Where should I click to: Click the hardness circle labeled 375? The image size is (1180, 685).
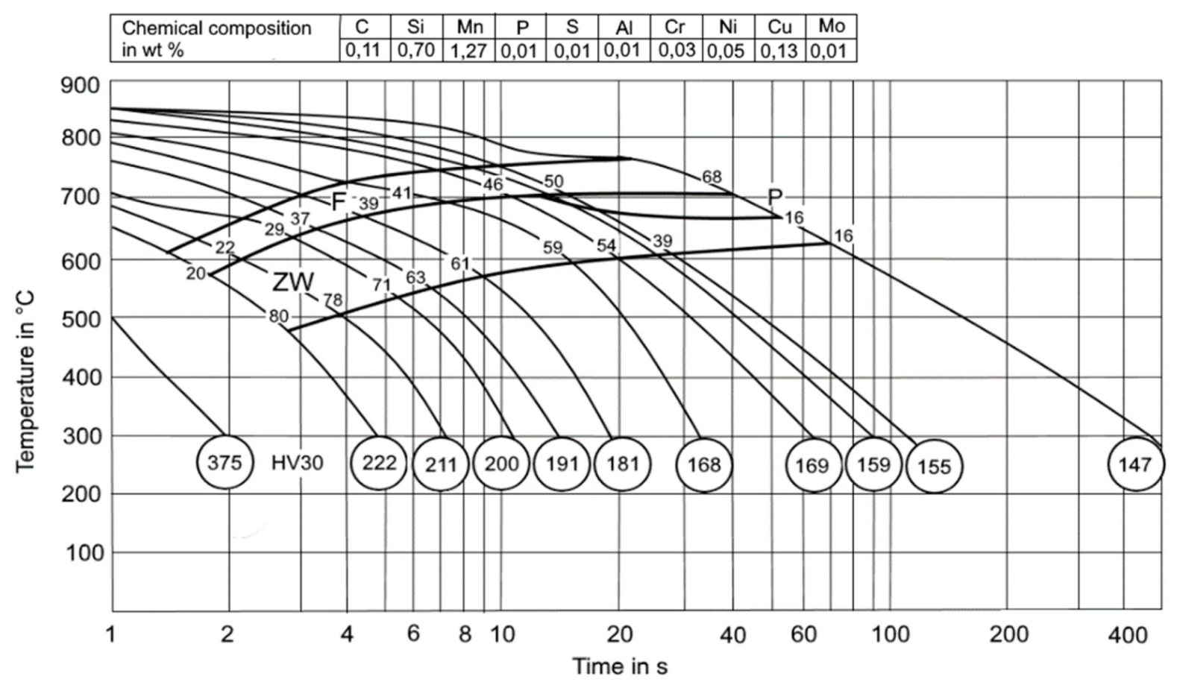pyautogui.click(x=225, y=463)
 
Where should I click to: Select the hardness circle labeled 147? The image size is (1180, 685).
pyautogui.click(x=1135, y=464)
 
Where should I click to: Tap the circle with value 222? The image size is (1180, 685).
pyautogui.click(x=379, y=463)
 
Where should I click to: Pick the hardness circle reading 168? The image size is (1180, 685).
pyautogui.click(x=703, y=465)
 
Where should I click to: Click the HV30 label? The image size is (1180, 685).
pyautogui.click(x=297, y=463)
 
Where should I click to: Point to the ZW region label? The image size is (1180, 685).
pyautogui.click(x=292, y=282)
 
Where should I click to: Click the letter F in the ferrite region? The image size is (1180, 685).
pyautogui.click(x=339, y=201)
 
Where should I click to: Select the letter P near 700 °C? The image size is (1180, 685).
pyautogui.click(x=775, y=198)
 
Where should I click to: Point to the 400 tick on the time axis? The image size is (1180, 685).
pyautogui.click(x=1126, y=635)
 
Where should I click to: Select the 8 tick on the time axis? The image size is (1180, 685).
pyautogui.click(x=465, y=634)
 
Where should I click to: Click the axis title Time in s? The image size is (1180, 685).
pyautogui.click(x=619, y=666)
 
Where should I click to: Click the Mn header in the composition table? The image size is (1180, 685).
pyautogui.click(x=469, y=27)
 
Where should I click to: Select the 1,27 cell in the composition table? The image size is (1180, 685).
pyautogui.click(x=469, y=51)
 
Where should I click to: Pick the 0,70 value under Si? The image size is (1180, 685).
pyautogui.click(x=415, y=51)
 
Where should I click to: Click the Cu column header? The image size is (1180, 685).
pyautogui.click(x=779, y=27)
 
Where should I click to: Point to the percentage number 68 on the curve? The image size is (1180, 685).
pyautogui.click(x=712, y=177)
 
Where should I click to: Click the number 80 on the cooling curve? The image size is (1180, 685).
pyautogui.click(x=278, y=316)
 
